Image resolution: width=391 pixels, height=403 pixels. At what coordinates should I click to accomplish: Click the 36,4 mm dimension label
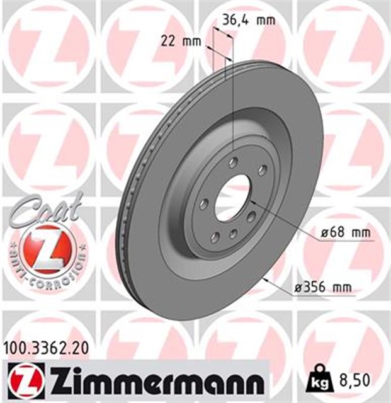point(249,20)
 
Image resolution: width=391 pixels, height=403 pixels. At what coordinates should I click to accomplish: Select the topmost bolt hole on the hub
point(233,163)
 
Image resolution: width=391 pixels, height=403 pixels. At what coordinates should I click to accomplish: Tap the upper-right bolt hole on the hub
point(261,169)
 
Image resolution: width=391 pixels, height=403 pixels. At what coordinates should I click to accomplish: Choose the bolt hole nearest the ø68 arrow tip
point(252,217)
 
